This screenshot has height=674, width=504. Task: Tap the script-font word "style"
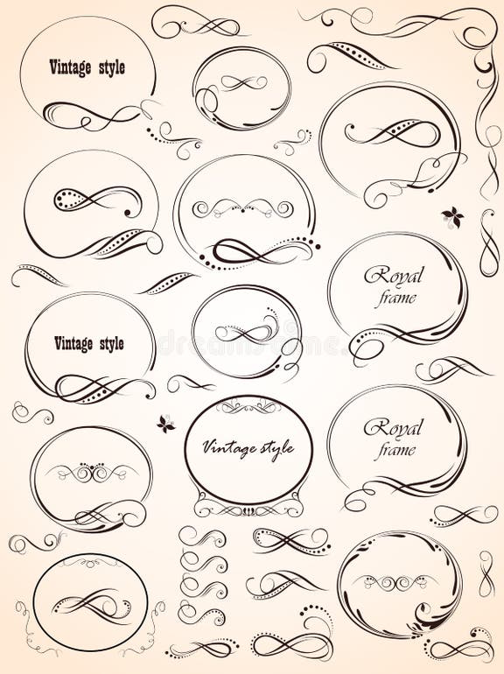click(x=273, y=448)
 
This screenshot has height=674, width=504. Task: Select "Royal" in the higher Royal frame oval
click(x=393, y=277)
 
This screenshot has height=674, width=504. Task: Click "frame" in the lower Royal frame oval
click(x=396, y=452)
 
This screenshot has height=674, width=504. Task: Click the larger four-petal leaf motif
click(x=452, y=216)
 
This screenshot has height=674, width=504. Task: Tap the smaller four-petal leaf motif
click(x=165, y=424)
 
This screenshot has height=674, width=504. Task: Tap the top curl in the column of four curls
click(x=202, y=537)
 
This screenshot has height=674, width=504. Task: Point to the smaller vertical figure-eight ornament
click(x=486, y=574)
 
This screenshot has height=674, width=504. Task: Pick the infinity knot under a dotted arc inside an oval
click(x=246, y=333)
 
